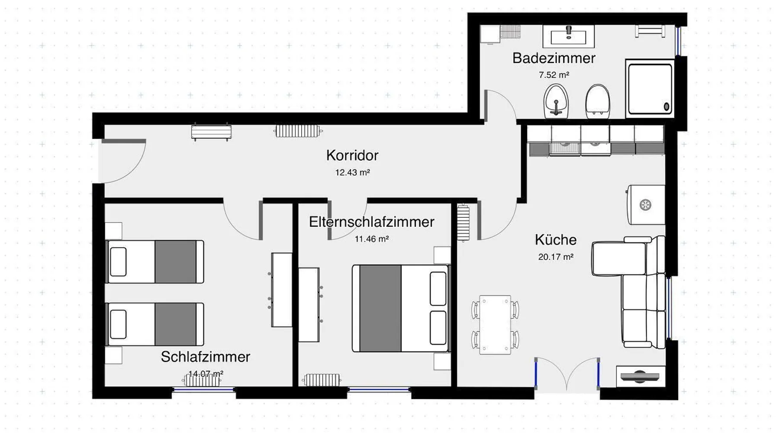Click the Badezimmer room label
[554, 58]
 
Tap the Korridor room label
[352, 155]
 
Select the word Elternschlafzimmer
[371, 222]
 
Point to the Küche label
[556, 239]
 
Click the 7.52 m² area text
[554, 75]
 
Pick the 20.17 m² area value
[556, 257]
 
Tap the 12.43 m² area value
[352, 172]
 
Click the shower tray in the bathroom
[650, 89]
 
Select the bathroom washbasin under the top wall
[569, 36]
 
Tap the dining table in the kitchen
[495, 325]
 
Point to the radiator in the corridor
[298, 131]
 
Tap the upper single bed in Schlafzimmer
[155, 262]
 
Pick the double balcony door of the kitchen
[567, 375]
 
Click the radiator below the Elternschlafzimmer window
[322, 380]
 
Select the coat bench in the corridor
[211, 132]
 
